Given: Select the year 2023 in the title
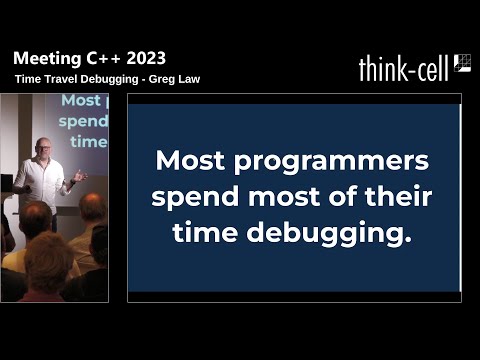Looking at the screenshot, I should (x=143, y=58).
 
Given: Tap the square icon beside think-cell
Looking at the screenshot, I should (x=462, y=63).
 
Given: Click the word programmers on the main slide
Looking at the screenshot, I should (x=334, y=160).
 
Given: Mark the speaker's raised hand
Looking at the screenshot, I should (x=78, y=176).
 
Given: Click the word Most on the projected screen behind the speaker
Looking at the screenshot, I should (x=81, y=101).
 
